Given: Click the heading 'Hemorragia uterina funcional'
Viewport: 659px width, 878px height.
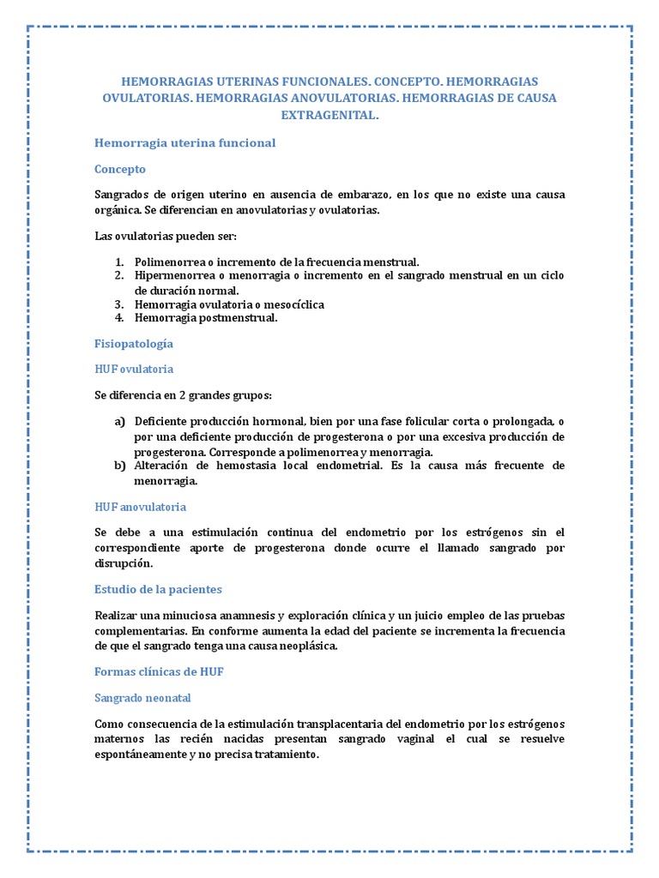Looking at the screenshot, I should (x=184, y=143).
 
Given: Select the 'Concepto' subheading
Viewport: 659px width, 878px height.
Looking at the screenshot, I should (x=120, y=169).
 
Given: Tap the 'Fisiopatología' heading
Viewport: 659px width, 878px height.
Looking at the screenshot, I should (x=133, y=343).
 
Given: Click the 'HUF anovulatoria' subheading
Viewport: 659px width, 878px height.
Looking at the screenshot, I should (x=140, y=507).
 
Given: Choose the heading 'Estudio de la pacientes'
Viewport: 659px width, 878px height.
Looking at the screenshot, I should (x=158, y=589).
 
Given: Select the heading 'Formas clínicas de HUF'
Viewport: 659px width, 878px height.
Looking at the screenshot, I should (x=159, y=671).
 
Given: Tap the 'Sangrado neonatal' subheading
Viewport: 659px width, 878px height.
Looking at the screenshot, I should (x=142, y=697).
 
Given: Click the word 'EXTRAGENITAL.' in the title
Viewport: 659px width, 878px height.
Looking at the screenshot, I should (x=329, y=114).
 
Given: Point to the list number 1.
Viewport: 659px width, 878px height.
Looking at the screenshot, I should (x=118, y=262).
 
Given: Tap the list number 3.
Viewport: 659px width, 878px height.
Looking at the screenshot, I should (x=118, y=304).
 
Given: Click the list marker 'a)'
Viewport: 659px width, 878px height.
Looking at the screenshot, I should (x=119, y=423).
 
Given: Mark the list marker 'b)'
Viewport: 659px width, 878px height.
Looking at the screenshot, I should (x=119, y=466).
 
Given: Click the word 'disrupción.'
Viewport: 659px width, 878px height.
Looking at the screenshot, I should (x=124, y=563).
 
